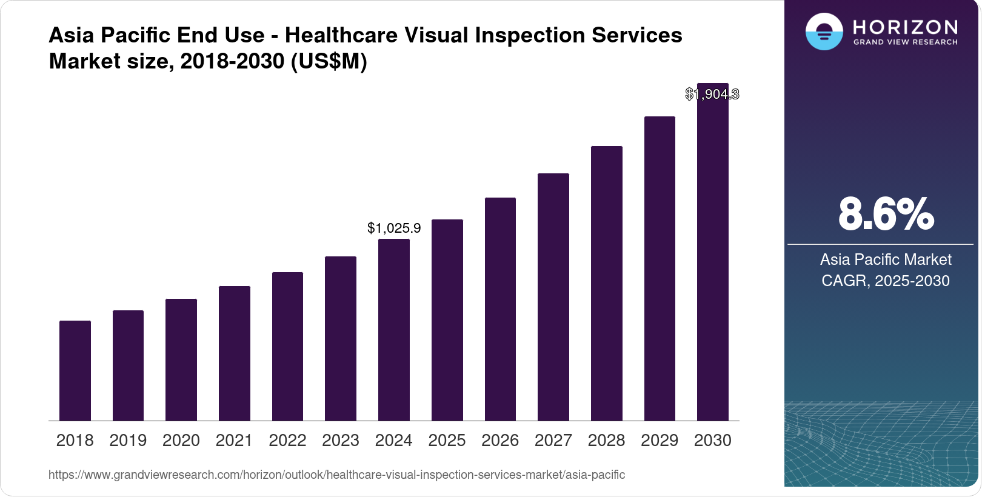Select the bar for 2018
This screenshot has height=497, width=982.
pyautogui.click(x=75, y=370)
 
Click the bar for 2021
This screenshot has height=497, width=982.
pyautogui.click(x=235, y=353)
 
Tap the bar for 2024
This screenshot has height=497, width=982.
pyautogui.click(x=394, y=330)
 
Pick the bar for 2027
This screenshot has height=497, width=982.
pyautogui.click(x=553, y=297)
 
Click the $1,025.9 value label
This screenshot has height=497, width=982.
pyautogui.click(x=394, y=228)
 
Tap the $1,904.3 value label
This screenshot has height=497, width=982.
pyautogui.click(x=712, y=94)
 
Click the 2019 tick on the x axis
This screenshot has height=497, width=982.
pyautogui.click(x=128, y=440)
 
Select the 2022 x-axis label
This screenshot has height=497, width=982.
pyautogui.click(x=287, y=440)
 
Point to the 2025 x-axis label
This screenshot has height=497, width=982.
pyautogui.click(x=447, y=440)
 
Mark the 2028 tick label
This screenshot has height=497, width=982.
pyautogui.click(x=606, y=440)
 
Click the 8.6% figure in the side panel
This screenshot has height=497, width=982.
pyautogui.click(x=886, y=214)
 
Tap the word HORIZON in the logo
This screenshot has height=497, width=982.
pyautogui.click(x=905, y=27)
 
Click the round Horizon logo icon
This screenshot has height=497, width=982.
pyautogui.click(x=824, y=32)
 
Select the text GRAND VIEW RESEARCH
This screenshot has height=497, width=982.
pyautogui.click(x=905, y=42)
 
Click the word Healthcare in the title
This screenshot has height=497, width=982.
pyautogui.click(x=341, y=35)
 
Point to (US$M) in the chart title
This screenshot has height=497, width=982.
pyautogui.click(x=329, y=61)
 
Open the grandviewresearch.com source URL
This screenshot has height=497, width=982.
pyautogui.click(x=336, y=475)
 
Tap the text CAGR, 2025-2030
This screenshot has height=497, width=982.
pyautogui.click(x=885, y=281)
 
